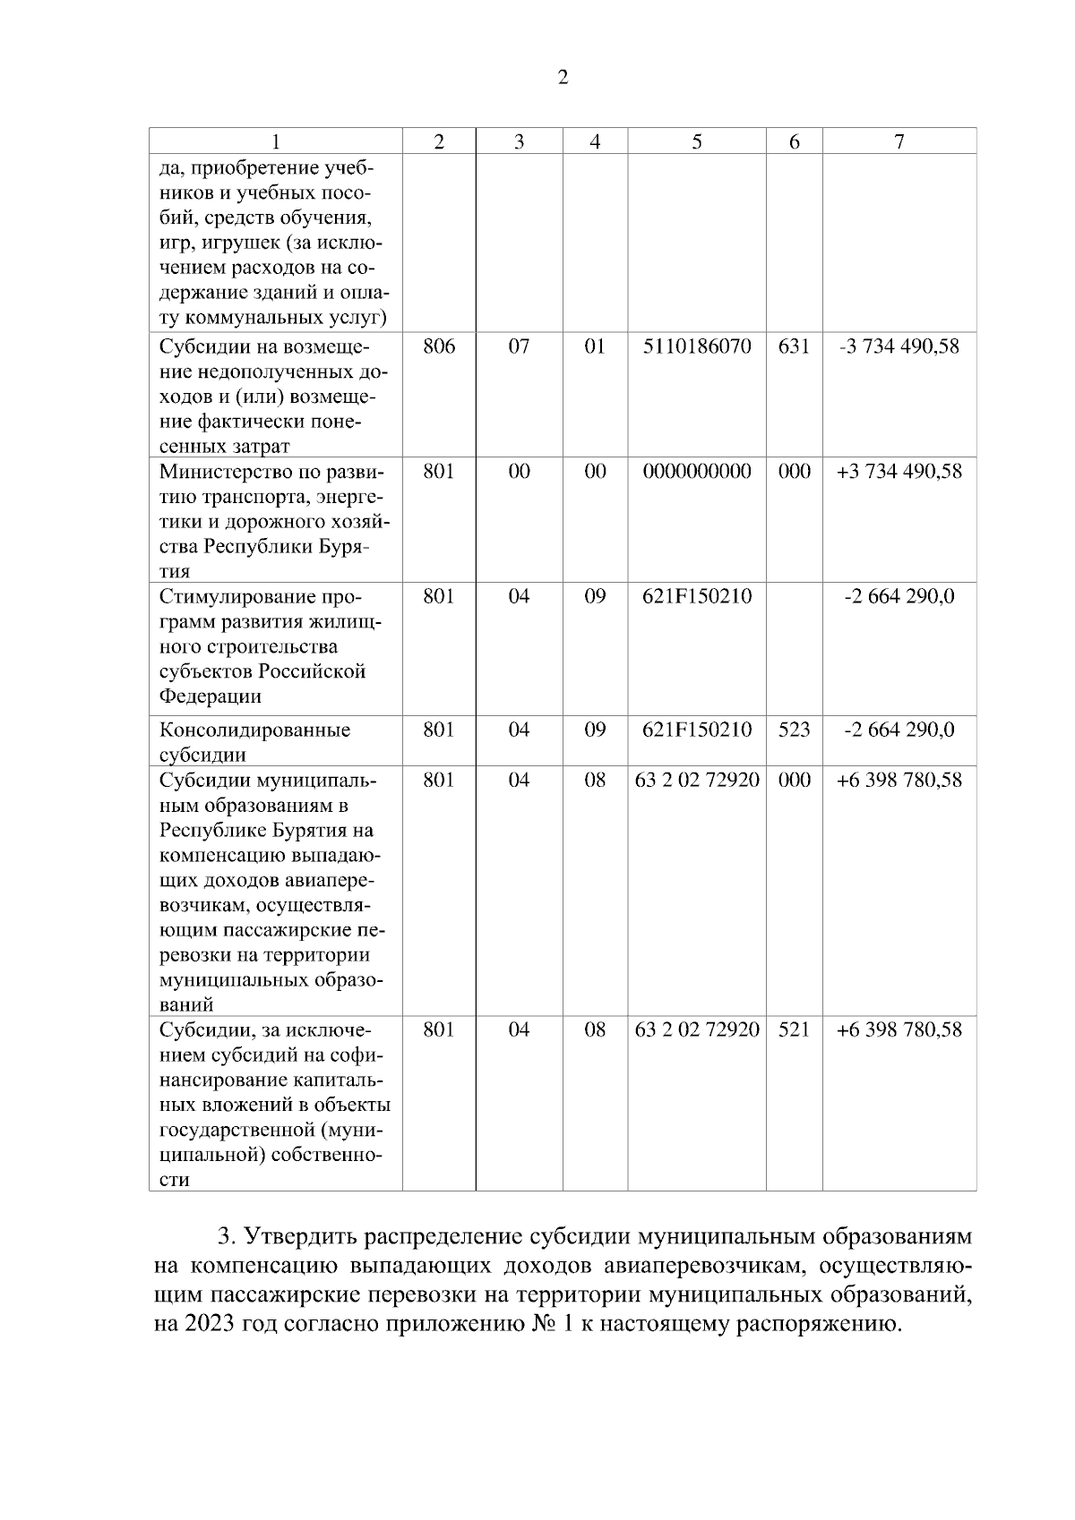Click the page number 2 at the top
563,78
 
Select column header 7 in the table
899,141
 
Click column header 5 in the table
696,141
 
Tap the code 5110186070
697,346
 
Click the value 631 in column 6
794,346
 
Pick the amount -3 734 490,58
899,346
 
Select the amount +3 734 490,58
899,471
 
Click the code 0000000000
697,471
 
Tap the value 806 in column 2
439,346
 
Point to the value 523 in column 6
794,730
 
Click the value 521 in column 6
794,1029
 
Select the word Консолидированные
254,730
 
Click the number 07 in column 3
519,346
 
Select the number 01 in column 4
595,346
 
